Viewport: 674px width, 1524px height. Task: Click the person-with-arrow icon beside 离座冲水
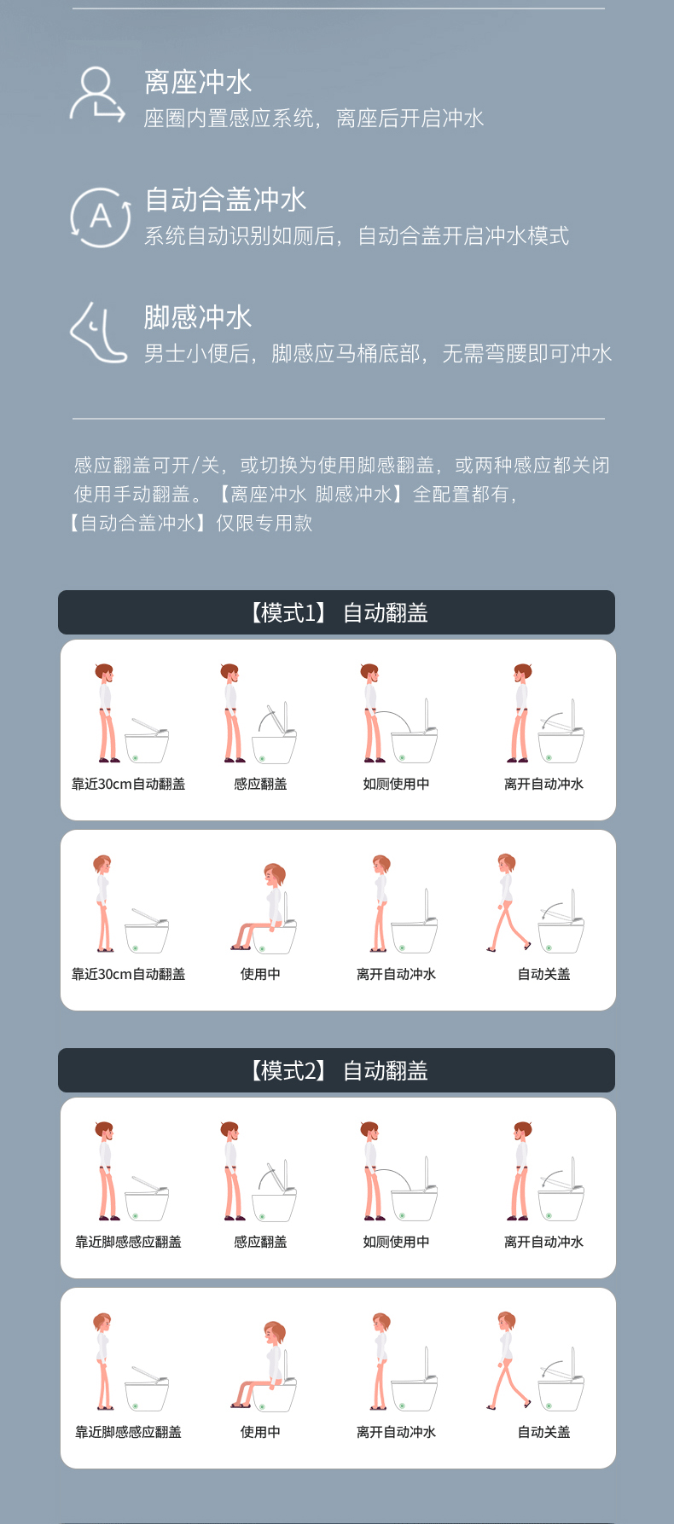[x=96, y=96]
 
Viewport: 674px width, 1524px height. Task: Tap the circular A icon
[x=101, y=217]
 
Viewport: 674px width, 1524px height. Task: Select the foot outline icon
[x=98, y=333]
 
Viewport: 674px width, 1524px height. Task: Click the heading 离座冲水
[x=198, y=83]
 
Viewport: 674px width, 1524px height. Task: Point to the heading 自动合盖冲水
[x=225, y=200]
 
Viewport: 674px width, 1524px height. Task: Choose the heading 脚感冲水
[x=198, y=318]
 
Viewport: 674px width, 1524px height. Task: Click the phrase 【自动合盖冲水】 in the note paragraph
[x=137, y=523]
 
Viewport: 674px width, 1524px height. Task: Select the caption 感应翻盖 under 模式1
[x=260, y=784]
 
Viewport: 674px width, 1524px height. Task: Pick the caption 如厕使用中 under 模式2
[x=396, y=1242]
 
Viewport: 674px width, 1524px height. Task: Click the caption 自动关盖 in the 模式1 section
[x=543, y=974]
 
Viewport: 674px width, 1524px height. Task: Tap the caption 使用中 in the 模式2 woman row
[x=260, y=1432]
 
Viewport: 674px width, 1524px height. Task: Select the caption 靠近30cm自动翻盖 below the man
[x=128, y=784]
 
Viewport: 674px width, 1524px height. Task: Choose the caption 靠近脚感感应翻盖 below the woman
[x=128, y=1432]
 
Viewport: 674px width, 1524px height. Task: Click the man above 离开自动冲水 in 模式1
[x=520, y=713]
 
